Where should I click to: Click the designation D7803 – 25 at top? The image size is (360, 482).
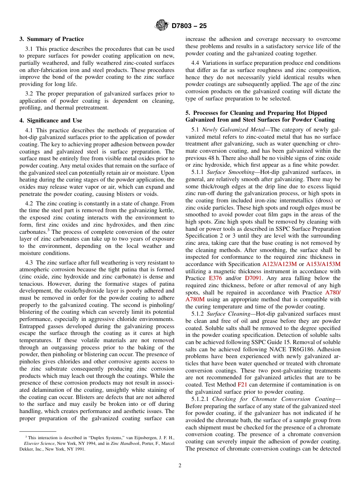tap(189, 26)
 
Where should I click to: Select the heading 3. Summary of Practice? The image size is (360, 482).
tap(52, 39)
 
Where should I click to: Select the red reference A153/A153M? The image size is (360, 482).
tap(323, 264)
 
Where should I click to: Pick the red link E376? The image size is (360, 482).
tap(215, 278)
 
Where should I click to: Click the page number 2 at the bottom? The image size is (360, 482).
tap(180, 466)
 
